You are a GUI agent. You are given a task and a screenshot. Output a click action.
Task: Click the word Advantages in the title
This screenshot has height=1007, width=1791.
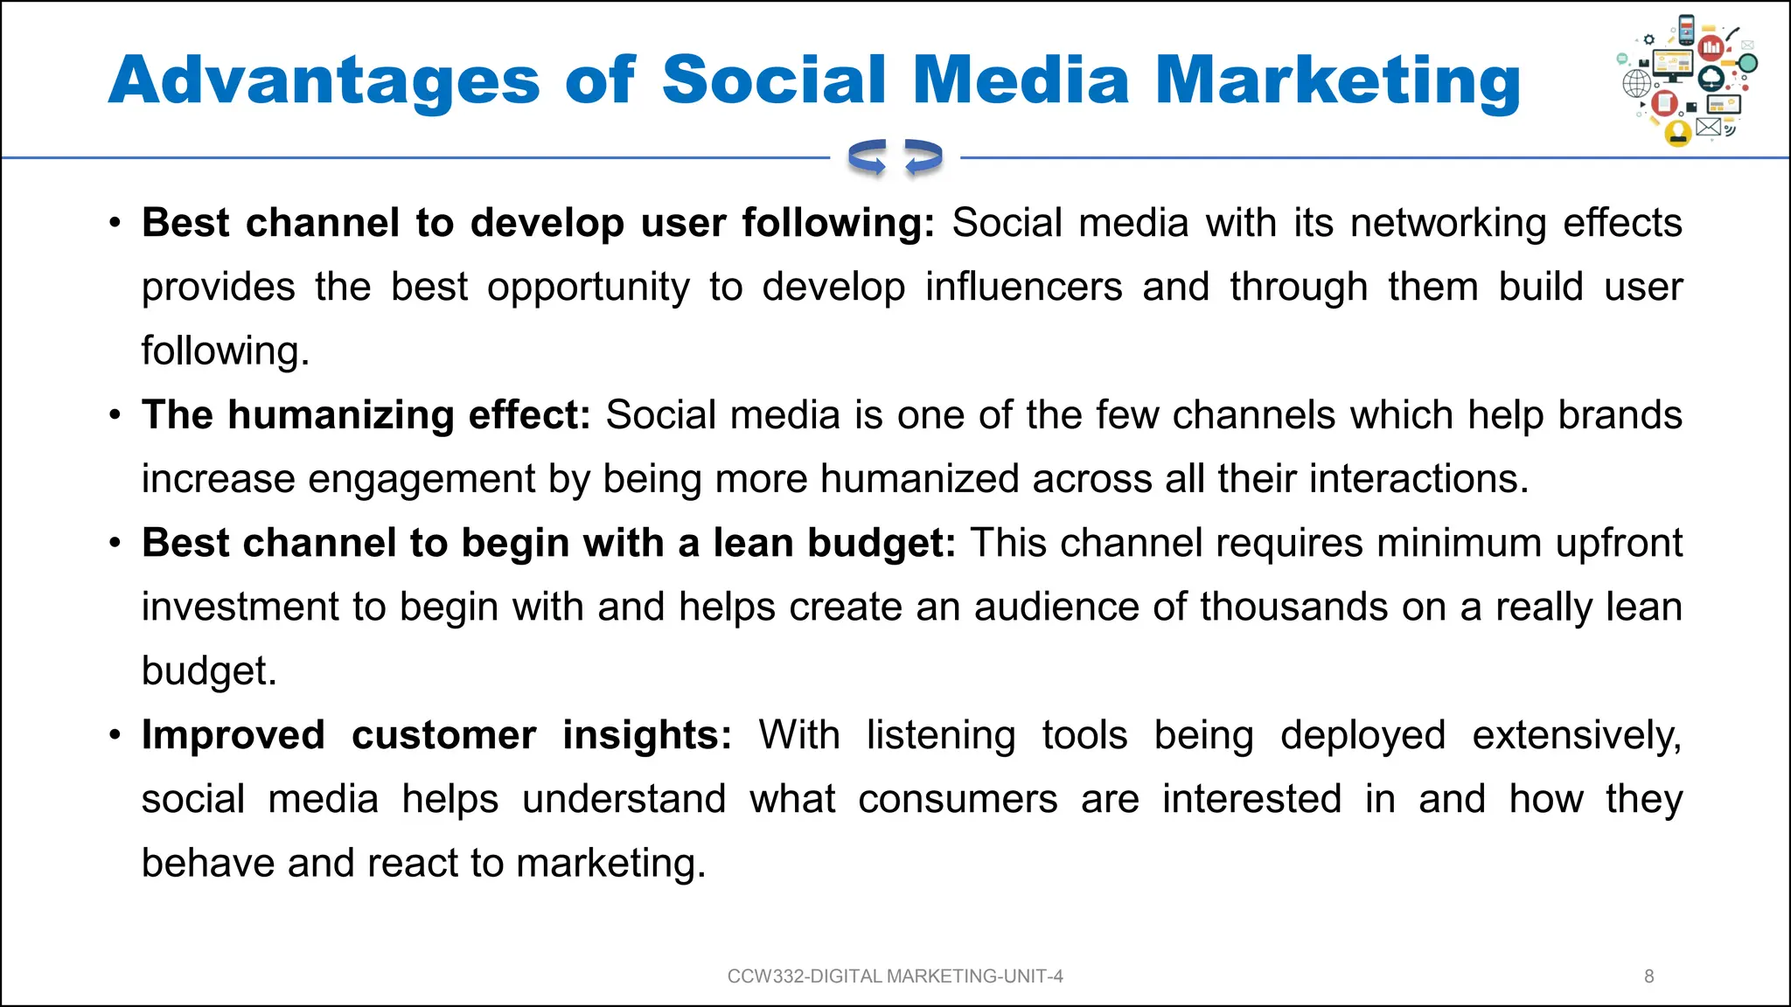(x=324, y=81)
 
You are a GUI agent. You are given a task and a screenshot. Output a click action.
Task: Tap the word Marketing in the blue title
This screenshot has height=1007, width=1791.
(x=1338, y=81)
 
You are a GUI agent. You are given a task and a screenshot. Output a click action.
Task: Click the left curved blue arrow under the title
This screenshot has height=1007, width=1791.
(x=868, y=157)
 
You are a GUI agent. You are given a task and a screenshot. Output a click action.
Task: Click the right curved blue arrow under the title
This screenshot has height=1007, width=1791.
(x=923, y=157)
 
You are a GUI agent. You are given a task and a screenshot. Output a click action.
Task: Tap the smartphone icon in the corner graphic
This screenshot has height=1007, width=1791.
(x=1687, y=31)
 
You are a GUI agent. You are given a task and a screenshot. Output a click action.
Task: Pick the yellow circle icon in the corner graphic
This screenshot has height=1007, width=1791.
(x=1677, y=133)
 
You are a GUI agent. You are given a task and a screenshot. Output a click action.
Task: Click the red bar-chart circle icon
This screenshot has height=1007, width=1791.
(x=1711, y=46)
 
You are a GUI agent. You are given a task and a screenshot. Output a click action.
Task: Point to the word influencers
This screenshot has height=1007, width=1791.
(x=1023, y=288)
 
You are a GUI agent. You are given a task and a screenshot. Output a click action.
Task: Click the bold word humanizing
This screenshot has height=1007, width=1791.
(x=341, y=415)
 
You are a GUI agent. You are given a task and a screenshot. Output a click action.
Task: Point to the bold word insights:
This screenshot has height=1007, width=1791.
(x=646, y=735)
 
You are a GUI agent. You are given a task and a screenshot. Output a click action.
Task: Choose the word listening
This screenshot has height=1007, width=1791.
(x=940, y=735)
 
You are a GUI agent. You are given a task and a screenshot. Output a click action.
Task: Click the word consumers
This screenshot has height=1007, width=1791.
(x=958, y=799)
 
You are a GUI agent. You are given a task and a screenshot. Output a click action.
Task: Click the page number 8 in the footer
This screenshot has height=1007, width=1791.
(x=1648, y=976)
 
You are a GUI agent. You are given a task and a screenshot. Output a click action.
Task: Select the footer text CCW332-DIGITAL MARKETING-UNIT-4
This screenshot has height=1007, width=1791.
(x=895, y=976)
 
